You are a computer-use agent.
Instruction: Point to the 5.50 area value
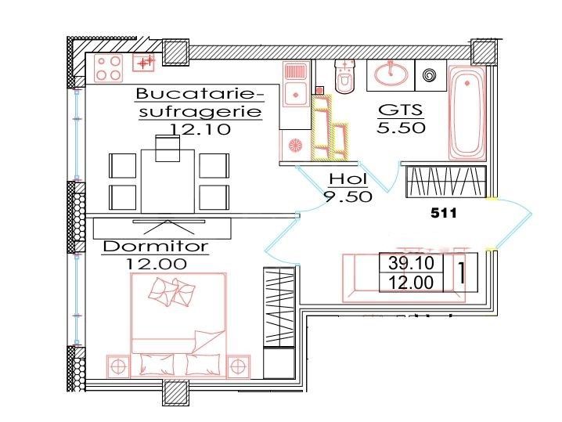401,128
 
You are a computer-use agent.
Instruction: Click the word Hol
347,179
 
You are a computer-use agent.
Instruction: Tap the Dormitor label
156,247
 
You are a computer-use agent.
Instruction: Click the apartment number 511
444,211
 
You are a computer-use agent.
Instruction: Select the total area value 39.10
411,262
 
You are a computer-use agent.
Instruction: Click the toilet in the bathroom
344,78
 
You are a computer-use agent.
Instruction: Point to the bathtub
467,114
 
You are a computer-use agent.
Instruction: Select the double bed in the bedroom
179,321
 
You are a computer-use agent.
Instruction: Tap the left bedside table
117,365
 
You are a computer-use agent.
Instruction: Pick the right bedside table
238,365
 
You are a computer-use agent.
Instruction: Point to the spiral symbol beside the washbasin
428,76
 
